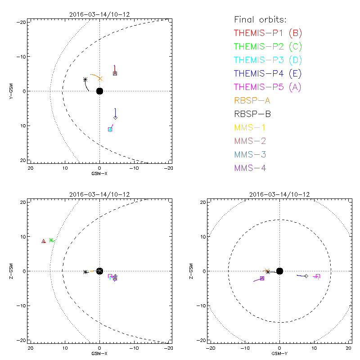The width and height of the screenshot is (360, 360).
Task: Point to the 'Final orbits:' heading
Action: click(260, 19)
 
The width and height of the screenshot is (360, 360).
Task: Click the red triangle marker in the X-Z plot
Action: click(44, 241)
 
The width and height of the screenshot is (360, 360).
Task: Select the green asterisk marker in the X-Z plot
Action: click(51, 240)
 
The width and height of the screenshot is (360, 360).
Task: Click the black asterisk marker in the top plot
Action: click(85, 80)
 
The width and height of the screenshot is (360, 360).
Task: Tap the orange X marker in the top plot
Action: click(100, 78)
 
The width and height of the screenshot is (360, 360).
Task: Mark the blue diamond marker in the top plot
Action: click(115, 117)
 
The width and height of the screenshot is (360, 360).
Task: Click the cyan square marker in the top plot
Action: click(110, 130)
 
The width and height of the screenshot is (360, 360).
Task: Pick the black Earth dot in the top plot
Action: click(100, 91)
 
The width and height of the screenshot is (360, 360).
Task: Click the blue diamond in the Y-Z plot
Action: click(306, 276)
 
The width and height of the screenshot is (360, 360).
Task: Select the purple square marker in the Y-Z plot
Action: click(262, 279)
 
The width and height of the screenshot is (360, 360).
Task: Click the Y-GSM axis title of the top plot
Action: click(11, 91)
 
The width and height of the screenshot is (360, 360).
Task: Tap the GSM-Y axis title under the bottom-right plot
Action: click(280, 353)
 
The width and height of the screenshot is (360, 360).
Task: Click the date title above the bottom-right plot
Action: click(280, 194)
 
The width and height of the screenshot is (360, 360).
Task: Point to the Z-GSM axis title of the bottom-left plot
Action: click(11, 271)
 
